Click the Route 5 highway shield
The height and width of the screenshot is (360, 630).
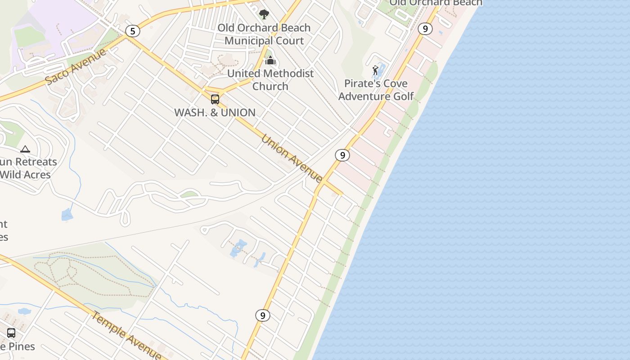pyautogui.click(x=132, y=31)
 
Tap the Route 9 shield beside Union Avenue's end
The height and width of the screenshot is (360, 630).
pyautogui.click(x=342, y=155)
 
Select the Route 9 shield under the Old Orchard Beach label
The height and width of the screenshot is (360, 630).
pyautogui.click(x=425, y=29)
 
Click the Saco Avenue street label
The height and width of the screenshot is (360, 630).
pyautogui.click(x=76, y=67)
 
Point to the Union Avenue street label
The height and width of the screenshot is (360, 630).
pyautogui.click(x=292, y=159)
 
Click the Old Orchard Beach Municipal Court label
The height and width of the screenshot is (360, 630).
pyautogui.click(x=264, y=34)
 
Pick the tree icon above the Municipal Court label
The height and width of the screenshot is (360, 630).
pyautogui.click(x=264, y=14)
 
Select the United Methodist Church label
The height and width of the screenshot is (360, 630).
pyautogui.click(x=270, y=80)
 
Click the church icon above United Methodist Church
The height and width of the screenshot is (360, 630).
pyautogui.click(x=270, y=60)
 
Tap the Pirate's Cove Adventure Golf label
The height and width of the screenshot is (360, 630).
pyautogui.click(x=376, y=90)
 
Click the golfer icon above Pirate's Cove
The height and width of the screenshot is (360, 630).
pyautogui.click(x=375, y=70)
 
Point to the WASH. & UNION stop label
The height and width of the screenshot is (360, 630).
pyautogui.click(x=215, y=112)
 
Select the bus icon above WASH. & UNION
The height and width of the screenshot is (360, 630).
pyautogui.click(x=215, y=99)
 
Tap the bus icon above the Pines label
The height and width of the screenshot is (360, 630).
pyautogui.click(x=11, y=333)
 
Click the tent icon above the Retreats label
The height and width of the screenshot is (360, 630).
pyautogui.click(x=25, y=149)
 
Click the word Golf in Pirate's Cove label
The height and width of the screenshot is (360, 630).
pyautogui.click(x=403, y=96)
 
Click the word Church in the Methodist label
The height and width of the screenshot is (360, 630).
pyautogui.click(x=270, y=86)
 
